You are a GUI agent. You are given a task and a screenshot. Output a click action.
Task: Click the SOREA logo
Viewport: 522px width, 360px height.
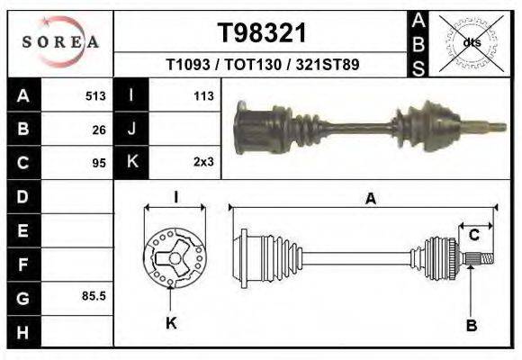(x=59, y=41)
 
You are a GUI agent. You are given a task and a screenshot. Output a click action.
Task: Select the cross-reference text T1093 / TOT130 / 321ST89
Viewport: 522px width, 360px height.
(x=263, y=66)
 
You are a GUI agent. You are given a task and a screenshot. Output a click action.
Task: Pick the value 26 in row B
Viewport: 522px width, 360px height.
(x=99, y=129)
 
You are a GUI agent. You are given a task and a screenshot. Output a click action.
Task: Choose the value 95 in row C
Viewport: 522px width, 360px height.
(x=99, y=163)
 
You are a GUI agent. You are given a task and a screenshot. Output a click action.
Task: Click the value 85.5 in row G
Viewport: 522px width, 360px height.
(x=94, y=295)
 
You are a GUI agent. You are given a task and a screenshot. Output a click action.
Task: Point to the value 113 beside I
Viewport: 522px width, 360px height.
(x=203, y=95)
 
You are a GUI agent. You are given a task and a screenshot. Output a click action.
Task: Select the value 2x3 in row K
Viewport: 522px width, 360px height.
(x=203, y=163)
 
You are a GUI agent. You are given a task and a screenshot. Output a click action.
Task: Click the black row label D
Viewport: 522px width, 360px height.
(x=23, y=196)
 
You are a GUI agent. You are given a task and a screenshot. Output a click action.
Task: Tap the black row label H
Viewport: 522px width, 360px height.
(x=23, y=332)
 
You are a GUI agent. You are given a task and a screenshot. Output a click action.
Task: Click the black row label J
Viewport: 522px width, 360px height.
(x=132, y=129)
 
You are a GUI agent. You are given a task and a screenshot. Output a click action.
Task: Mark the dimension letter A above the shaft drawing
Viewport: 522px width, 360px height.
(x=370, y=200)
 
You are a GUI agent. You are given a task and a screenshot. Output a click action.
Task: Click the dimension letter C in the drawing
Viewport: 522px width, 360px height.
(x=473, y=236)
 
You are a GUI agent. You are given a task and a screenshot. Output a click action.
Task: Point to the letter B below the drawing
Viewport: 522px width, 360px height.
(x=470, y=324)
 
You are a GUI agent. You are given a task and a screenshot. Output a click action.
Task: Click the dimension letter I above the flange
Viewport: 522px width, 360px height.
(x=176, y=197)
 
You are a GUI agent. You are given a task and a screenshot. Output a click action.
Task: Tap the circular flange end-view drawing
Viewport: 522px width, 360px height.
(x=175, y=257)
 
